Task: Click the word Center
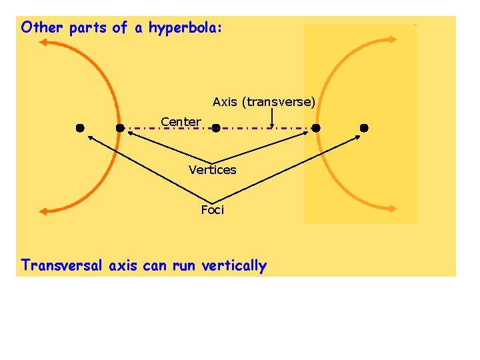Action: (181, 121)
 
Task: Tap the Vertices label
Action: (212, 170)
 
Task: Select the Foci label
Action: (213, 210)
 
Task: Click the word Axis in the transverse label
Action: (225, 102)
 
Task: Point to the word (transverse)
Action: (279, 102)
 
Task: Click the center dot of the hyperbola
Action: (215, 128)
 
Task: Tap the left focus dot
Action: (79, 127)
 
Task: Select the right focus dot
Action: (364, 127)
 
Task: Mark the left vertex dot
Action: (120, 127)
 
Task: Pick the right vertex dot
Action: (316, 127)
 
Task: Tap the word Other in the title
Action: (43, 28)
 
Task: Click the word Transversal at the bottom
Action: (63, 266)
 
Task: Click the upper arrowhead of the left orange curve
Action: (44, 43)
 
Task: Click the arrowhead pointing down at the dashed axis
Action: (272, 124)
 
